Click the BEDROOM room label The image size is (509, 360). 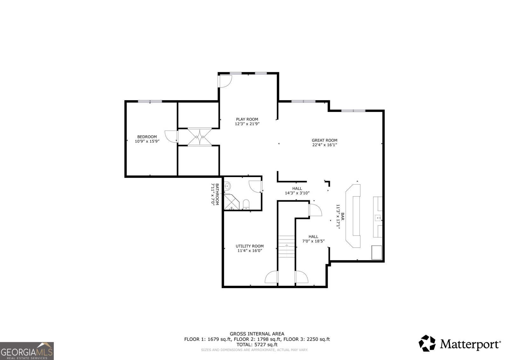tap(147, 137)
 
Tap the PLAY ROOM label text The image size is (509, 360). tap(247, 119)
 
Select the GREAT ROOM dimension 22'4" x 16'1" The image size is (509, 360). tap(324, 145)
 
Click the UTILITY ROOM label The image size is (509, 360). tap(249, 246)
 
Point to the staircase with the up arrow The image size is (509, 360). tap(287, 247)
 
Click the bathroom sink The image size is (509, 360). tap(228, 186)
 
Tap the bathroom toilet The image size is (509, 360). tap(246, 204)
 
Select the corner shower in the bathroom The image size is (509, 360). tap(230, 202)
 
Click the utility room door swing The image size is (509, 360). tap(272, 277)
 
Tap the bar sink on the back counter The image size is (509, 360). tap(378, 218)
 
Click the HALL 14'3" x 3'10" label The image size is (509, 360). tap(297, 191)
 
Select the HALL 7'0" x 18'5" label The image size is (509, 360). tap(313, 239)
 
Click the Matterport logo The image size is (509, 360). tap(459, 343)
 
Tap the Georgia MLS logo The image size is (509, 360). tap(27, 351)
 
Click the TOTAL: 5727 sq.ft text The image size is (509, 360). tap(257, 344)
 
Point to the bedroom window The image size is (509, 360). tap(150, 101)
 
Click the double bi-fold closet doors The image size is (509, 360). tap(199, 137)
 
